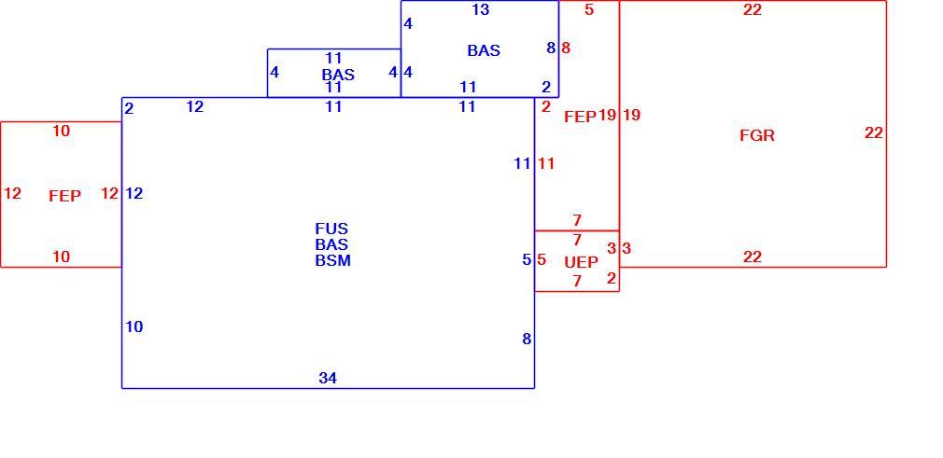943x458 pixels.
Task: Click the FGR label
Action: pos(756,136)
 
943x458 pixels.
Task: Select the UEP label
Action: pos(582,263)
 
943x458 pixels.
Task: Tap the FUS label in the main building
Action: pos(331,229)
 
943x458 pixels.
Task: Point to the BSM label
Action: pos(332,261)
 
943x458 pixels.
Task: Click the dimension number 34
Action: pos(328,378)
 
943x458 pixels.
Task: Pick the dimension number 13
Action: pos(481,9)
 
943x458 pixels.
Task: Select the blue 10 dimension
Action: pos(134,327)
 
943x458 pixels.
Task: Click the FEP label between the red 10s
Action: pos(65,196)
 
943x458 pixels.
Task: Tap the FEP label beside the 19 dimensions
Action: pos(581,117)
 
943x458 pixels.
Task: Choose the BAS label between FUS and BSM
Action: pos(331,244)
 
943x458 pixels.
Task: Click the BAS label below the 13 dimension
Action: pos(484,50)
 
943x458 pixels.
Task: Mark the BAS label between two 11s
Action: pos(338,76)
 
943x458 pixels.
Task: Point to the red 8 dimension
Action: pos(566,49)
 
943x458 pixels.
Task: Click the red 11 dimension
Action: pos(546,163)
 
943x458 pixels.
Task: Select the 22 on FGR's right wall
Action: pos(874,132)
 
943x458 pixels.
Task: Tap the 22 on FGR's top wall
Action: pos(753,9)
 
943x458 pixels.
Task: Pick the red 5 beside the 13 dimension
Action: pos(589,9)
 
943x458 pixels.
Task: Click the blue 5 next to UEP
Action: pos(527,259)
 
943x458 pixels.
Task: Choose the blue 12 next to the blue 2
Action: pos(195,107)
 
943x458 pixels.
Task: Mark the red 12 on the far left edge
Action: pos(12,193)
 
